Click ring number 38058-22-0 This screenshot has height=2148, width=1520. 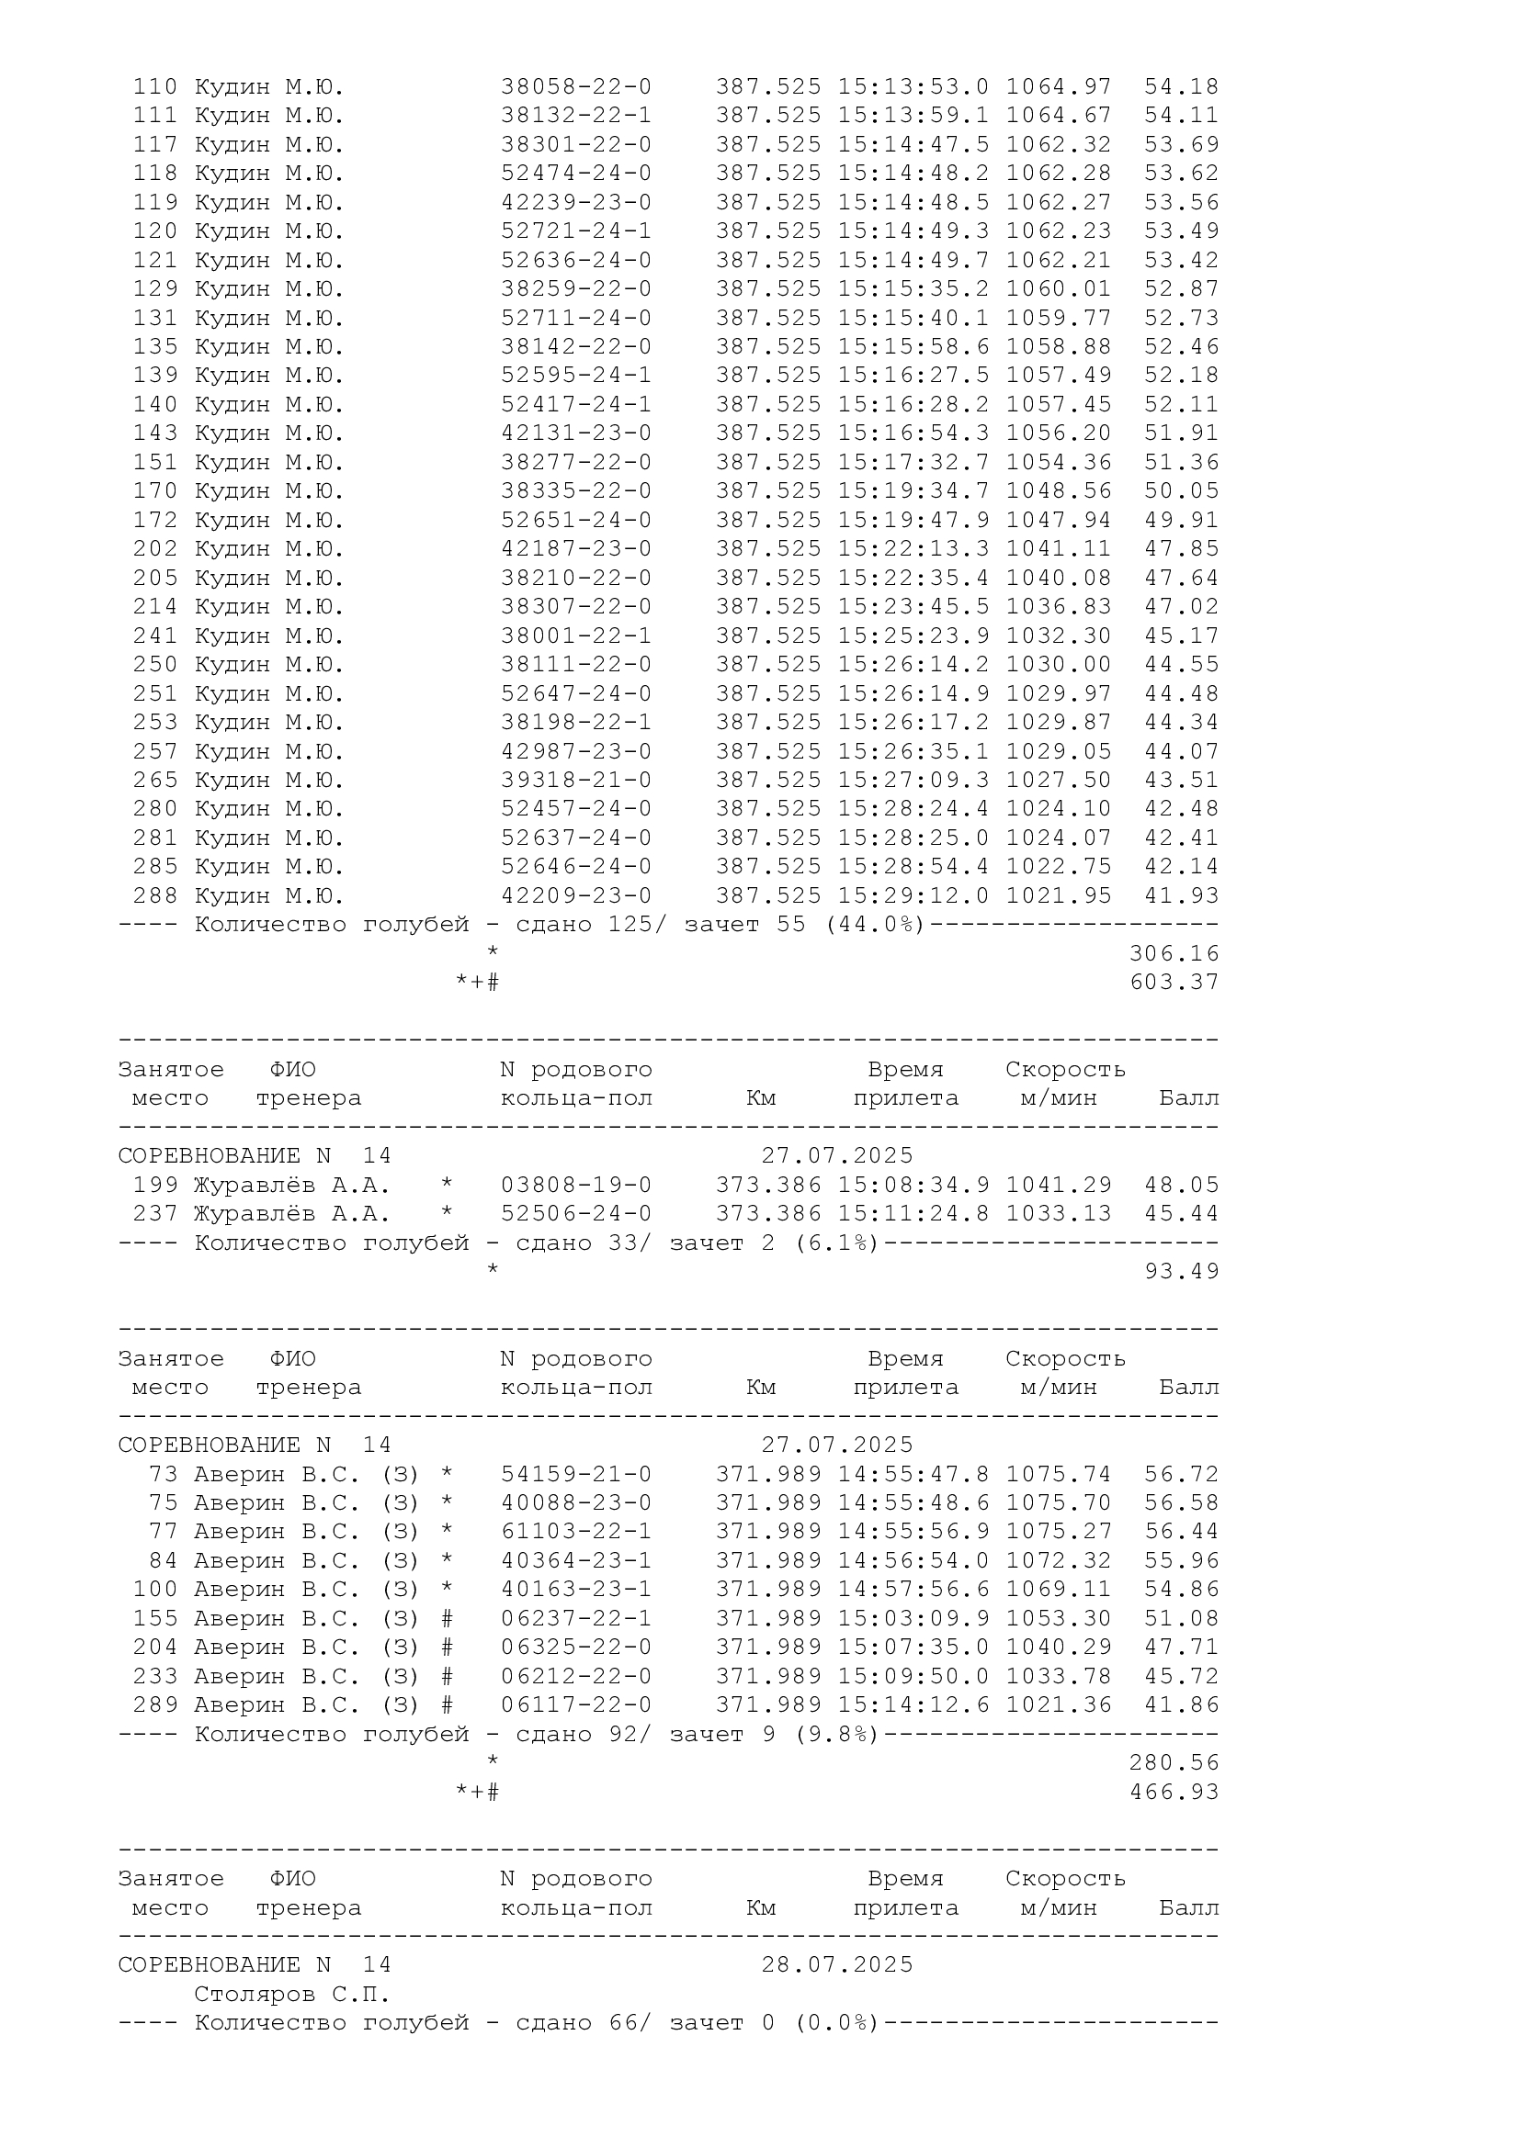pyautogui.click(x=575, y=87)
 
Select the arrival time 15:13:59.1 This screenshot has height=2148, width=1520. pyautogui.click(x=913, y=116)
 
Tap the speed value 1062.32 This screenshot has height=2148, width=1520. pyautogui.click(x=1059, y=145)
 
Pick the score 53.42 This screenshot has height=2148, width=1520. pyautogui.click(x=1181, y=260)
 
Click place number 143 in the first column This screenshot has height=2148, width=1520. pyautogui.click(x=154, y=433)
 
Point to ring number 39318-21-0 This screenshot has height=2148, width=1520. pyautogui.click(x=575, y=781)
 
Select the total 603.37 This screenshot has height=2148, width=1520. pyautogui.click(x=1174, y=983)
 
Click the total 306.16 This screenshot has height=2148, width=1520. pyautogui.click(x=1174, y=954)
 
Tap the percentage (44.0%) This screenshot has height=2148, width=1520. pyautogui.click(x=874, y=926)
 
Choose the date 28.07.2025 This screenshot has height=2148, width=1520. pyautogui.click(x=837, y=1965)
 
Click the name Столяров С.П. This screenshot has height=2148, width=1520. pyautogui.click(x=291, y=1995)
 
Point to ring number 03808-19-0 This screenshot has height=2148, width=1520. pyautogui.click(x=575, y=1186)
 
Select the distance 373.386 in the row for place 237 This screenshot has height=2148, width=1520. pyautogui.click(x=768, y=1214)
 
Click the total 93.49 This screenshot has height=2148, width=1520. pyautogui.click(x=1181, y=1271)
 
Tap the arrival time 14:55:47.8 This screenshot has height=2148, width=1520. pyautogui.click(x=913, y=1476)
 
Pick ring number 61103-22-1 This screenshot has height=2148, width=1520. pyautogui.click(x=575, y=1533)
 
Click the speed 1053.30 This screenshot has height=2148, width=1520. pyautogui.click(x=1059, y=1619)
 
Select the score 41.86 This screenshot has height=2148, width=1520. pyautogui.click(x=1181, y=1705)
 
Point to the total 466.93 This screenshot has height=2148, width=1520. pyautogui.click(x=1174, y=1793)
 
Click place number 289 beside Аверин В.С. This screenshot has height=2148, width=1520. pyautogui.click(x=154, y=1705)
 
